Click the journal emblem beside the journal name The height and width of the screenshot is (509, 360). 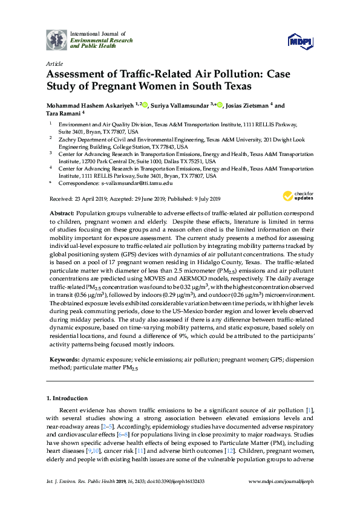coord(57,39)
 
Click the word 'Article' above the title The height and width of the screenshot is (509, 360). coord(54,63)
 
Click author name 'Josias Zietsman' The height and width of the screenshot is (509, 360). coord(246,105)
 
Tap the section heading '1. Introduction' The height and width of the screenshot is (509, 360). coord(67,399)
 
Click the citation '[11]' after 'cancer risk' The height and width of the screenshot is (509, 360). coord(140,451)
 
